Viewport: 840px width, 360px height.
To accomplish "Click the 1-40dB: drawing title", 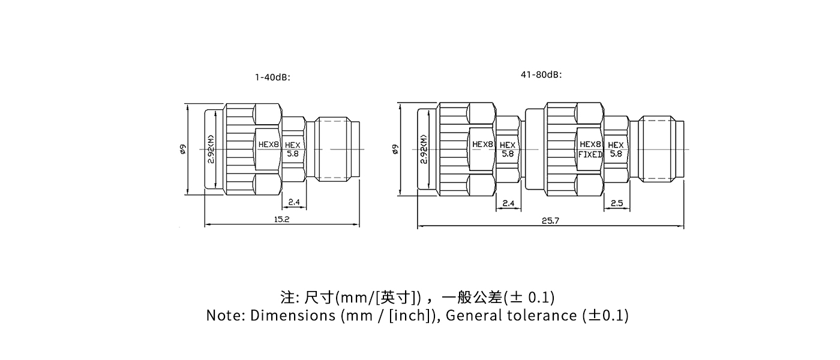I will point(272,77).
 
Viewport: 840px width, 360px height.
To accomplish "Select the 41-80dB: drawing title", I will point(541,75).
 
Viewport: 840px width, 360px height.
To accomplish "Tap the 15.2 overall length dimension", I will point(281,220).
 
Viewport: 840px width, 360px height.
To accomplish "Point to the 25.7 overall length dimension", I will point(550,221).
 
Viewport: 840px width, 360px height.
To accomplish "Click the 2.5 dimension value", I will point(616,203).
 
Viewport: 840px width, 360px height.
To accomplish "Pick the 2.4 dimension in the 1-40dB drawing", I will point(294,202).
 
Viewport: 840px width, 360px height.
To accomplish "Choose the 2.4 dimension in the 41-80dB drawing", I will point(508,203).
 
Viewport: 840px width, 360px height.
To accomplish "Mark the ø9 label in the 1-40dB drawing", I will point(183,149).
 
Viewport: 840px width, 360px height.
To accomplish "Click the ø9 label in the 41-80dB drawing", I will point(395,149).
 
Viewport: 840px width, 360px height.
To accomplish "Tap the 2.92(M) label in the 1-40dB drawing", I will point(212,149).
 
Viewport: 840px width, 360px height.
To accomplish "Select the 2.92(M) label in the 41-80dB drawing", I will point(424,149).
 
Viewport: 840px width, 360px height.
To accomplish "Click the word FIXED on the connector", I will point(590,154).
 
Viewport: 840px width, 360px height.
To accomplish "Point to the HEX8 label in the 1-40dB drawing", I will point(269,145).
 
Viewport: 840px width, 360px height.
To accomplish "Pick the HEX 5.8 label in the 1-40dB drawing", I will point(292,149).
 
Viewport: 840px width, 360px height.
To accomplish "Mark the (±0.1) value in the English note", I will point(605,316).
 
